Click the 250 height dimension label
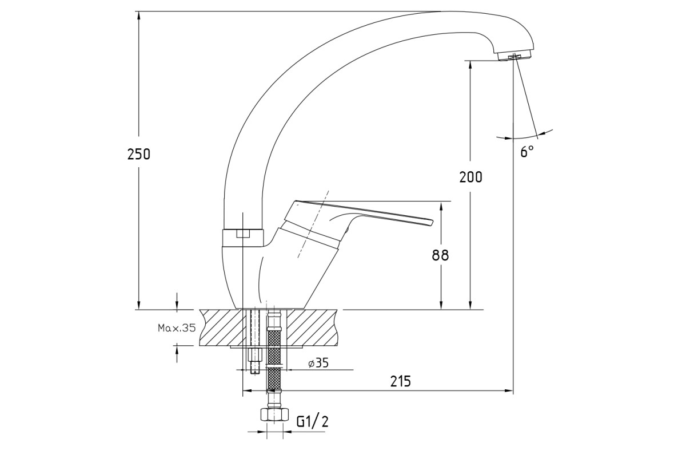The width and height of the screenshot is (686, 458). (139, 154)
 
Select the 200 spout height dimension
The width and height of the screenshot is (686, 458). (470, 177)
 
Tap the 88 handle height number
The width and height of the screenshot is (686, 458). (440, 255)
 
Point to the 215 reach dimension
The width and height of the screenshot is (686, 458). (401, 381)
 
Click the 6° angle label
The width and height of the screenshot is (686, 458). (527, 152)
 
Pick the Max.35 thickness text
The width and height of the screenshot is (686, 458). (177, 328)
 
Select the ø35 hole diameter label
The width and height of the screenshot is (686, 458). (318, 363)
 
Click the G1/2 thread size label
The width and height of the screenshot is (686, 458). (312, 422)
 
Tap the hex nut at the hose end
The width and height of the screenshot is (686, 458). (274, 414)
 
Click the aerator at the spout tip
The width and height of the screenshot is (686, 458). (515, 57)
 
